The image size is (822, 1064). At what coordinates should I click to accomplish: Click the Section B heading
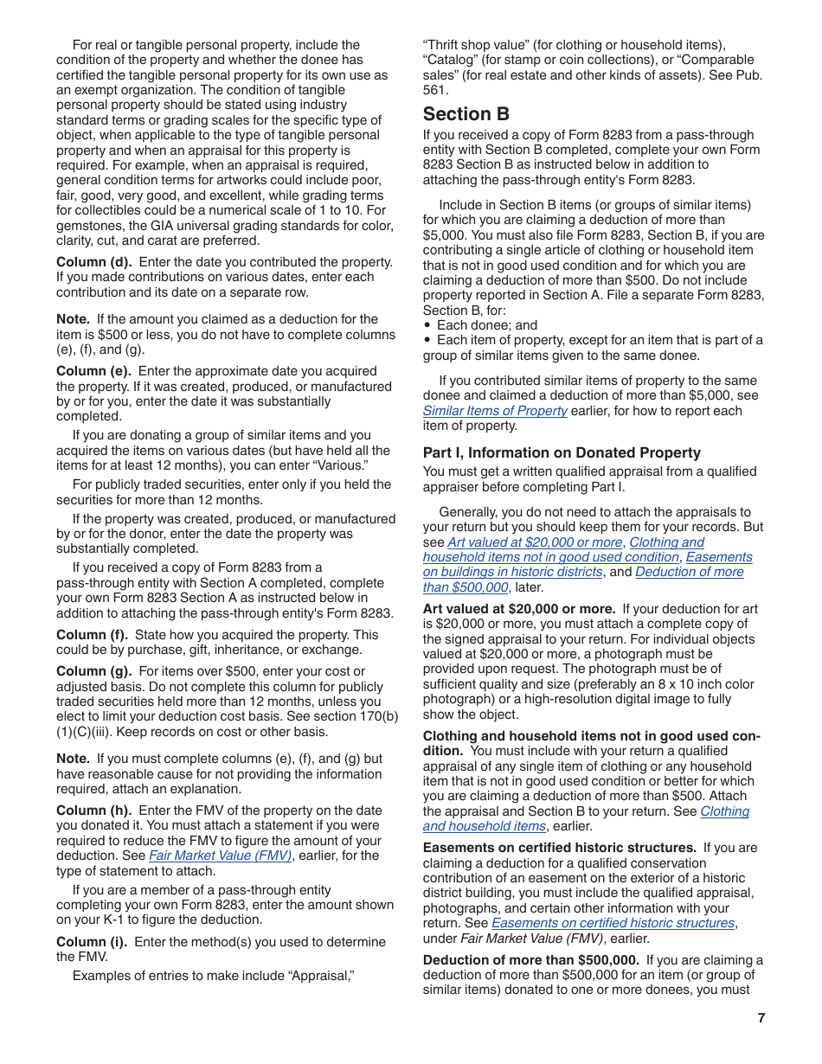click(x=466, y=114)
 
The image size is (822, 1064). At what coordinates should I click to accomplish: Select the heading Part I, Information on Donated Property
click(x=562, y=452)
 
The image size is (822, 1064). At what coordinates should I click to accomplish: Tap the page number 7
click(x=761, y=1018)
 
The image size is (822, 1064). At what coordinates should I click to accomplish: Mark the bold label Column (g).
click(x=94, y=671)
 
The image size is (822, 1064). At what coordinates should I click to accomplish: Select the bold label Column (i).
click(x=92, y=942)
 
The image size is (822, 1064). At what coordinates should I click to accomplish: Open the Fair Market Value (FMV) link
click(x=220, y=856)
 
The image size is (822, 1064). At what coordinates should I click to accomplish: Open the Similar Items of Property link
click(x=495, y=411)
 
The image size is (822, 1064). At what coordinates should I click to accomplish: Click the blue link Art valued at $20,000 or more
click(x=535, y=542)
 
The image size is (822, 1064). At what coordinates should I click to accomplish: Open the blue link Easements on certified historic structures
click(x=613, y=923)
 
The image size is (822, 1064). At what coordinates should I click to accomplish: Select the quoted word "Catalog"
click(x=450, y=60)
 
